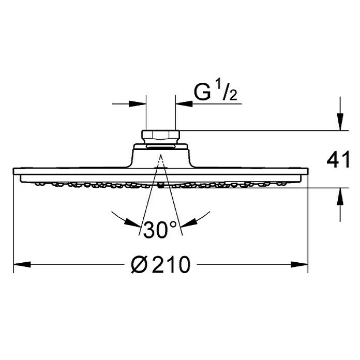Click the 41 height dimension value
point(338,159)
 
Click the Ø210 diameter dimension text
point(161,265)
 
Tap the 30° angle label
point(160,229)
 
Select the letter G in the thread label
point(202,92)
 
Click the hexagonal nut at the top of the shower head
point(160,135)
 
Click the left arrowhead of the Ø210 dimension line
point(22,264)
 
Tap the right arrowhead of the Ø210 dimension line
point(299,264)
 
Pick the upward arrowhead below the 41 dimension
point(340,197)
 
